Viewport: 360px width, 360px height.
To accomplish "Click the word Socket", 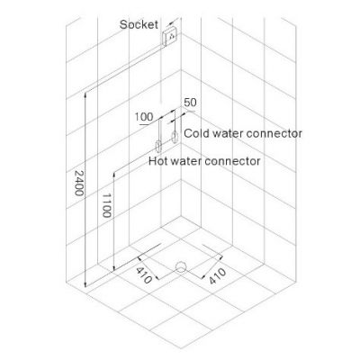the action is pyautogui.click(x=139, y=24).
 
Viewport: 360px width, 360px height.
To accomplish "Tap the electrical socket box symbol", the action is pyautogui.click(x=170, y=36).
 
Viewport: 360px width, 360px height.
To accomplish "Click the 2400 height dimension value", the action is pyautogui.click(x=79, y=183).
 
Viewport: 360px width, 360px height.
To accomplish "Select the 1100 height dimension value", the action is pyautogui.click(x=107, y=205).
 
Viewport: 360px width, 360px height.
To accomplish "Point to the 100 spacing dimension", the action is pyautogui.click(x=143, y=117).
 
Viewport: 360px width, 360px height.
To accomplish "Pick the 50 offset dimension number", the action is pyautogui.click(x=190, y=103).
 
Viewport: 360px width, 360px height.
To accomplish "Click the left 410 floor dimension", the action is pyautogui.click(x=144, y=275).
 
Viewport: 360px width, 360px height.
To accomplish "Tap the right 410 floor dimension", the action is pyautogui.click(x=217, y=276).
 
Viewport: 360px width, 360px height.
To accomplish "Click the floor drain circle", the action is pyautogui.click(x=181, y=266).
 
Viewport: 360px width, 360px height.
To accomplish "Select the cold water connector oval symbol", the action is pyautogui.click(x=175, y=138).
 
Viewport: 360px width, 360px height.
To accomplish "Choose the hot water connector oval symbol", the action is pyautogui.click(x=158, y=146).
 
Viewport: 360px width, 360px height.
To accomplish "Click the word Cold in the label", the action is pyautogui.click(x=196, y=133).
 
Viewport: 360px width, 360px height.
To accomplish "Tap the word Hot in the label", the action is pyautogui.click(x=158, y=161).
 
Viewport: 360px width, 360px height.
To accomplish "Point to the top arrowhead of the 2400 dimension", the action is pyautogui.click(x=85, y=94).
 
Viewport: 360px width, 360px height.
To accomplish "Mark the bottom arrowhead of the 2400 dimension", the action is pyautogui.click(x=85, y=285).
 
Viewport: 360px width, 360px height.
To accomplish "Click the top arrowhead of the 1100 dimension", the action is pyautogui.click(x=113, y=175).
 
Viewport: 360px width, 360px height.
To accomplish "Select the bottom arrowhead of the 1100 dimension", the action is pyautogui.click(x=113, y=269).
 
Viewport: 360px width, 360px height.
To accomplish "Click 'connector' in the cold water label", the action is pyautogui.click(x=274, y=133).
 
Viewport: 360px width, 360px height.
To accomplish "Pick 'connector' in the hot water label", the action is pyautogui.click(x=232, y=161).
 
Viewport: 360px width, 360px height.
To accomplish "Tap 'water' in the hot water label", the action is pyautogui.click(x=186, y=161).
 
